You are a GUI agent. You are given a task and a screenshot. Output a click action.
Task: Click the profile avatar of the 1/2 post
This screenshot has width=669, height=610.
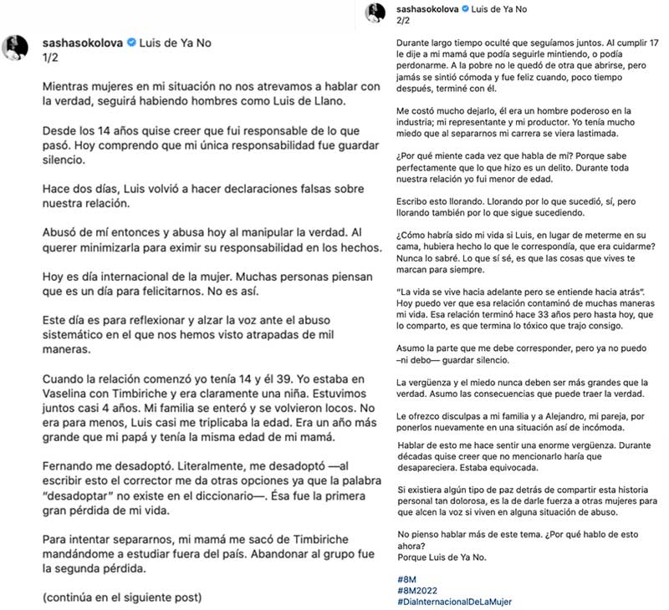pyautogui.click(x=18, y=48)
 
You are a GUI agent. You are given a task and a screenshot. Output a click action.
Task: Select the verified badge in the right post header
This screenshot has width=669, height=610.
pyautogui.click(x=468, y=8)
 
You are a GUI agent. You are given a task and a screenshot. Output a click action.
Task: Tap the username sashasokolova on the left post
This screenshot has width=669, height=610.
pyautogui.click(x=81, y=43)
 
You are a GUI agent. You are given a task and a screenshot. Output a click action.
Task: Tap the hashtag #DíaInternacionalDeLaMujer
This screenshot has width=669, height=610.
pyautogui.click(x=456, y=602)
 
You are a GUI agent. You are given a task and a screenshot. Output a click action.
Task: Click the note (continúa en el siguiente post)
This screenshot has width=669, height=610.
pyautogui.click(x=121, y=598)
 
